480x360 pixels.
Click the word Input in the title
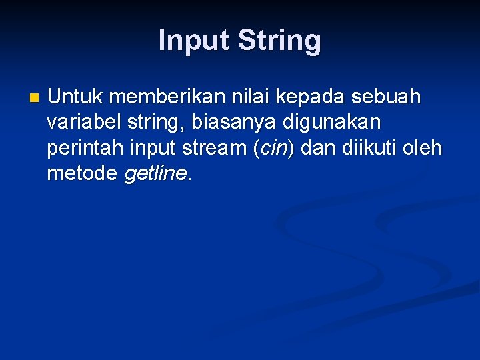[193, 41]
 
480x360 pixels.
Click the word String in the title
[280, 41]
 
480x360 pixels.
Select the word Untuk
[75, 97]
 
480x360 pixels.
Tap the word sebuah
[389, 97]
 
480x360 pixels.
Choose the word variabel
[83, 123]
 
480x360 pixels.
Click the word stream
[215, 148]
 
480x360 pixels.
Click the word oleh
[425, 148]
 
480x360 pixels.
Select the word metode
[83, 173]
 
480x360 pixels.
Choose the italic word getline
[156, 173]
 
